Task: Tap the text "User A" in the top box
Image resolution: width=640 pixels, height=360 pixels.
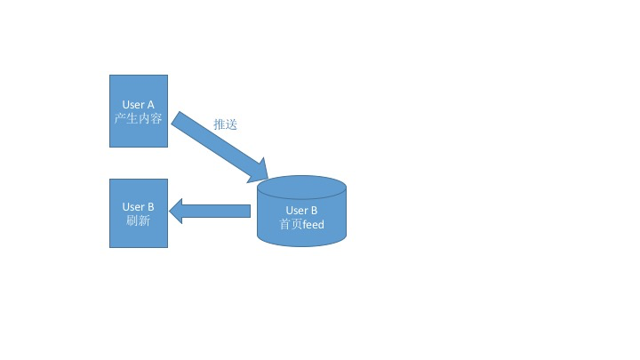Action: point(139,105)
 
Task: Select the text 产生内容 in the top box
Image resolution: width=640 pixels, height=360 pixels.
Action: point(139,118)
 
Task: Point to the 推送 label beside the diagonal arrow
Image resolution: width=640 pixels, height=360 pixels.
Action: point(226,124)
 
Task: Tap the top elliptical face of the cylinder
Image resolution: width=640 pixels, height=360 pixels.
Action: point(301,188)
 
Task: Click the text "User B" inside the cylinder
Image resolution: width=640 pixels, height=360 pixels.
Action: point(301,211)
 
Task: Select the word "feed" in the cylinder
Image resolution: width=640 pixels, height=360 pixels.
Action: point(313,225)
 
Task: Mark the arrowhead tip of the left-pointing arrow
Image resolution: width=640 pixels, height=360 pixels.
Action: point(170,211)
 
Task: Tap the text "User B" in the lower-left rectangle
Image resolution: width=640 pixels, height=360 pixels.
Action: point(139,207)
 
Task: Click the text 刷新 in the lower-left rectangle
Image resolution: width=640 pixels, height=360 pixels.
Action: point(139,220)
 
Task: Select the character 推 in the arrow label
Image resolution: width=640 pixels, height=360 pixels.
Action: point(220,124)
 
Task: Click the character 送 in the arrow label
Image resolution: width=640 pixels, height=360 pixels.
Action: point(232,124)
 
